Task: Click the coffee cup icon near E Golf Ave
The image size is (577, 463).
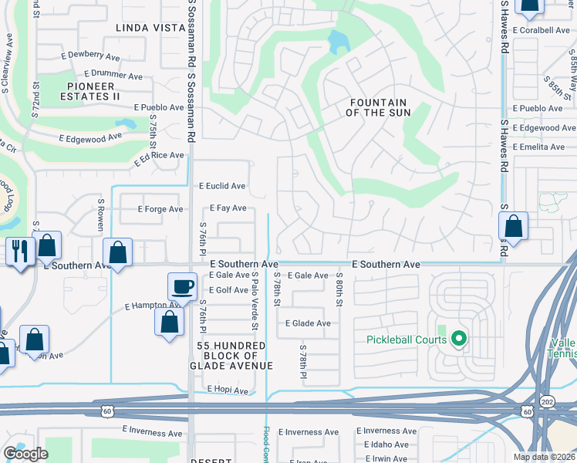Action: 183,287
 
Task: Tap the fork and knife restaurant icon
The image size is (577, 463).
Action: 19,251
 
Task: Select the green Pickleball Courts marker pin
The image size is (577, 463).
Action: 459,339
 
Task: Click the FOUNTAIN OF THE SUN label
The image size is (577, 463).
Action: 378,107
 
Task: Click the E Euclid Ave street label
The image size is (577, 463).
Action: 222,186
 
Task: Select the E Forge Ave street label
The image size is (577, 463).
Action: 160,209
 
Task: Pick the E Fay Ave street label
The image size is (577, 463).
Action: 228,208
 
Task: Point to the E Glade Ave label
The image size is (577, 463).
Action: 308,323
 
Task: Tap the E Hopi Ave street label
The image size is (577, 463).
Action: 226,390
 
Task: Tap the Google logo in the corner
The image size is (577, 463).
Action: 25,454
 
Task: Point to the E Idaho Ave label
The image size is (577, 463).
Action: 385,444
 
